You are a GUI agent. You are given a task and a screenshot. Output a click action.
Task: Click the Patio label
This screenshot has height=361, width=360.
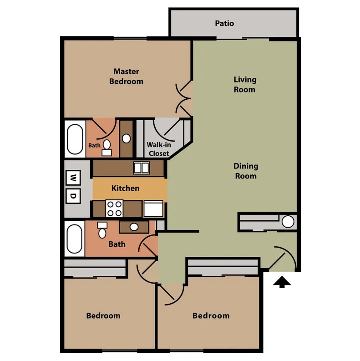pos(224,23)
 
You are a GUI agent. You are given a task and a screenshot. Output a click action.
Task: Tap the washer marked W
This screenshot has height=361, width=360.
pos(73,178)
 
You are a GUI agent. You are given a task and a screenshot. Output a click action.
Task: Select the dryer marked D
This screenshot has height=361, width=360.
pos(73,196)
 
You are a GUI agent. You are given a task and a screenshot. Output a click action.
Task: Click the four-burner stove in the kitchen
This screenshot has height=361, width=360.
pos(114,208)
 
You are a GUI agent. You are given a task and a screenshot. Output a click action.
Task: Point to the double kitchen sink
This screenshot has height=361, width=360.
pos(142,168)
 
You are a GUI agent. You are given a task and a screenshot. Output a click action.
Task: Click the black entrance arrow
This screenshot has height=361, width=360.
pos(282,282)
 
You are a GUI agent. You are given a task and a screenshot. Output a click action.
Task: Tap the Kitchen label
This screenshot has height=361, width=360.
pos(126,188)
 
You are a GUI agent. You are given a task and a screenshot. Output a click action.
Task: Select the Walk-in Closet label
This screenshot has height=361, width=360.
pos(159,149)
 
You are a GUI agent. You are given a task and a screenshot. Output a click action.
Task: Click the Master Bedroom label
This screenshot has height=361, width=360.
pos(126,76)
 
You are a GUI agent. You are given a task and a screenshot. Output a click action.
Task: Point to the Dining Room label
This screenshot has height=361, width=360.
pos(246,171)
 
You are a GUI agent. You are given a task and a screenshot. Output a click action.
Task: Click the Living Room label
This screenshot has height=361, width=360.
pos(245,85)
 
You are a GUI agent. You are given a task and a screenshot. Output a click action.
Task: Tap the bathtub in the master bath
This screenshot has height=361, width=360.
pos(75,139)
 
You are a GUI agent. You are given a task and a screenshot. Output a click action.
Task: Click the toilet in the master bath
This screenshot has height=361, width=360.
pos(106,148)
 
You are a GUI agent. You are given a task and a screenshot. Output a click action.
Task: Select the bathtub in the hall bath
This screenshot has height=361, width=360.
pos(74,239)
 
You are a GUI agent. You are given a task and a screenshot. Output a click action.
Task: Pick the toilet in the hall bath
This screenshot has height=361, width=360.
pos(102,230)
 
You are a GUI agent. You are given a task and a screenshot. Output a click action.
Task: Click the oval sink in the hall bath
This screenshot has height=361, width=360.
pos(134,227)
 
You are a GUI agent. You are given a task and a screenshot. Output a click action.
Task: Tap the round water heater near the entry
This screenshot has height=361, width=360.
pos(288,222)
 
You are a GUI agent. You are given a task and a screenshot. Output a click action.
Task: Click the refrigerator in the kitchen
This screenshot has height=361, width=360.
pos(153,208)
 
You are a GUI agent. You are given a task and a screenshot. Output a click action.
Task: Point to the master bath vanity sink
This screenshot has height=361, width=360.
pos(127,138)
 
